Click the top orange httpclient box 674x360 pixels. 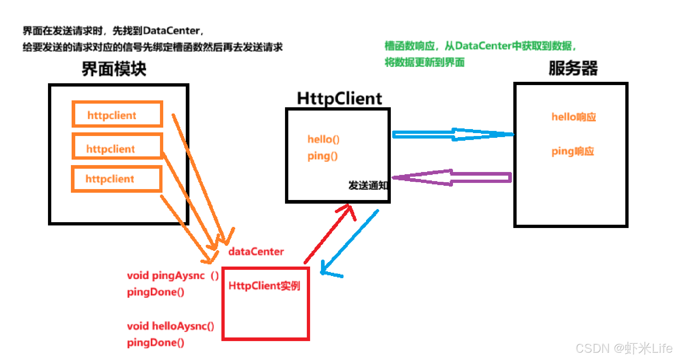click(117, 115)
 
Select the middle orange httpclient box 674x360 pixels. click(117, 146)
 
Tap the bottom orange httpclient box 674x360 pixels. click(116, 179)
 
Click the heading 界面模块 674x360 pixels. click(114, 69)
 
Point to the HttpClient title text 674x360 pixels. click(339, 99)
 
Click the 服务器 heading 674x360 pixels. click(573, 68)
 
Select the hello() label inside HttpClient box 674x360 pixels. click(323, 139)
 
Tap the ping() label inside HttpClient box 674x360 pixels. click(322, 156)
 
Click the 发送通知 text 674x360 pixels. click(368, 185)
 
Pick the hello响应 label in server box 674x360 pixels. click(574, 117)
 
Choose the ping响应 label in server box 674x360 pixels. click(573, 151)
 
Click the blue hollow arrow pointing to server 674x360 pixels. click(453, 135)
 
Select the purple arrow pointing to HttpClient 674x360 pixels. click(453, 177)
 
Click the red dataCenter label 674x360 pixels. click(256, 252)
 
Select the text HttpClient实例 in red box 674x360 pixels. click(264, 286)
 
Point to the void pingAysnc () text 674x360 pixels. click(173, 276)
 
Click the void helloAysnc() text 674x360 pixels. click(170, 326)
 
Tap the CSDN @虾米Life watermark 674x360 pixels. click(624, 348)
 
